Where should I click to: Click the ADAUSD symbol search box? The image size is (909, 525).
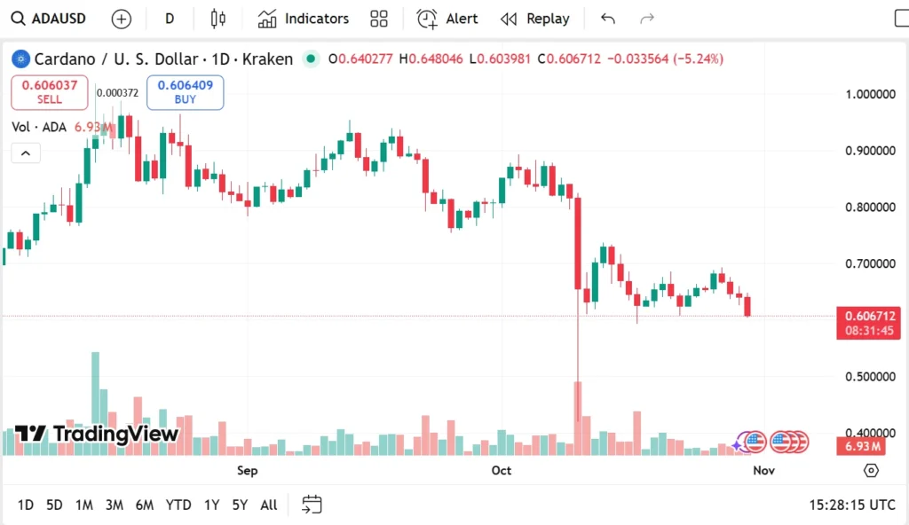[x=51, y=19]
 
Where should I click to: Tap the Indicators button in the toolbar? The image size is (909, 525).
[x=304, y=19]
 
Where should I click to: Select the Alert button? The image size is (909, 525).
[x=447, y=19]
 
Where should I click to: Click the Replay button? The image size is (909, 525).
[x=535, y=19]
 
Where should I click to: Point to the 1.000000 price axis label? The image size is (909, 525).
[x=870, y=94]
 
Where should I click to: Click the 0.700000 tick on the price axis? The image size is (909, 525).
[x=870, y=264]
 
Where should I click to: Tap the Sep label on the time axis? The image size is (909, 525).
[x=248, y=470]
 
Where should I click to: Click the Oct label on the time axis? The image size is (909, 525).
[x=502, y=470]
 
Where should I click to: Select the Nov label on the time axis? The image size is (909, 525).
[x=764, y=470]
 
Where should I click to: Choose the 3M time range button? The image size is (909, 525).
[x=114, y=505]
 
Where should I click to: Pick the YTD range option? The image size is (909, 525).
[x=178, y=505]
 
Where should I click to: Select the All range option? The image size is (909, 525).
[x=268, y=505]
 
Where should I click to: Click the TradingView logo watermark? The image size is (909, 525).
[x=98, y=434]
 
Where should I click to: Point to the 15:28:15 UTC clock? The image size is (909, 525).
[x=851, y=505]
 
